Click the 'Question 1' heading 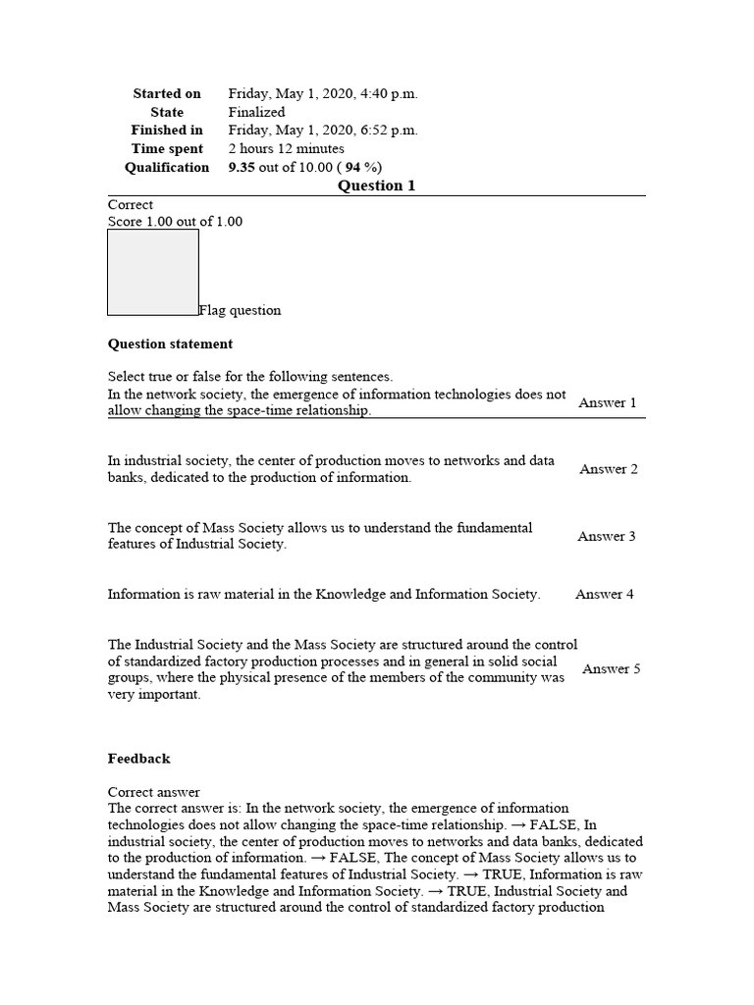377,185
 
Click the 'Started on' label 167,93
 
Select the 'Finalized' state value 256,112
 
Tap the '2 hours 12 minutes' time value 286,149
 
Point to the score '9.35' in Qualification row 242,168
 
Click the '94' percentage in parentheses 353,168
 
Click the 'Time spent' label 167,149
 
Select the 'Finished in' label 167,131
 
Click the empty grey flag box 153,272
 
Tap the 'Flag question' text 240,310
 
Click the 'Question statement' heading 170,344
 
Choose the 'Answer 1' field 608,402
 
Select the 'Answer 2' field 609,469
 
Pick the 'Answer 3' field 607,536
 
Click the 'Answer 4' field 605,594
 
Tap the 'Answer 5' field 612,668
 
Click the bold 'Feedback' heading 138,758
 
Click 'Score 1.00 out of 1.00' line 175,222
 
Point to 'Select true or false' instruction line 249,376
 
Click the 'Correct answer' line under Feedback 153,791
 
